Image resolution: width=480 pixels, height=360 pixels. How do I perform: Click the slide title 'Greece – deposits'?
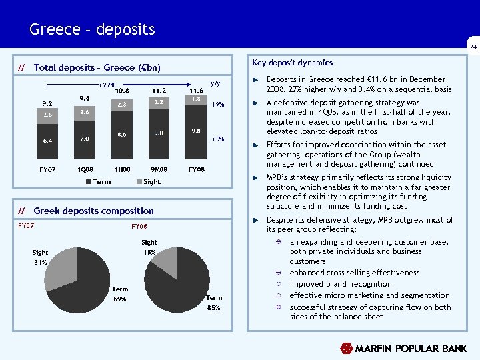92,30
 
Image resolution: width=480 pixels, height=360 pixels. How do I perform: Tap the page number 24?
473,47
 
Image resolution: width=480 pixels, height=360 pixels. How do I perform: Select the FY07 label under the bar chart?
47,170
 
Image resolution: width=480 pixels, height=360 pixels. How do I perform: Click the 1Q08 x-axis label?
85,170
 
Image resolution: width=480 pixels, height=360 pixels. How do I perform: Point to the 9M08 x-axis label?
159,170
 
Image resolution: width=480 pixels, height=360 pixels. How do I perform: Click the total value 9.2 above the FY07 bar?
47,104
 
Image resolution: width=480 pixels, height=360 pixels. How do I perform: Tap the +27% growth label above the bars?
107,85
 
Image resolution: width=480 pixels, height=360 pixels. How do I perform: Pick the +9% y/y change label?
217,139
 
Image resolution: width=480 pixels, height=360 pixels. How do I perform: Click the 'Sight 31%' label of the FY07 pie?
40,257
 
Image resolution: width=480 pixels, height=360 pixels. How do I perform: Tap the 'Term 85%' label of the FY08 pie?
214,302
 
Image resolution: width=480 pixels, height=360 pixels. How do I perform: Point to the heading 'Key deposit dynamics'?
293,63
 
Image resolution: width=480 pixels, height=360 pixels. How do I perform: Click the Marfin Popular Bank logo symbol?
346,349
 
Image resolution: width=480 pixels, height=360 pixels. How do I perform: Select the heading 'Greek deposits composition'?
93,211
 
